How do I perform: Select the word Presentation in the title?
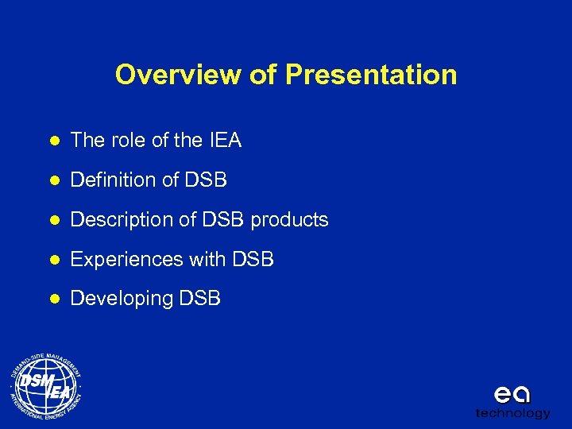[x=371, y=75]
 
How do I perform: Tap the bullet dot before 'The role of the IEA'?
[x=53, y=141]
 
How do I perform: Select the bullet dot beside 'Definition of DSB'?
[x=53, y=181]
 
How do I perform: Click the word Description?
[x=118, y=220]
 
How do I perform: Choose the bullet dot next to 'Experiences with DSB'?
[x=53, y=260]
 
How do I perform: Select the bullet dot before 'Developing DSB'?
[x=53, y=300]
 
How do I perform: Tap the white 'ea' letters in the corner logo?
[x=512, y=394]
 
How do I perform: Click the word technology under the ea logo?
[x=512, y=413]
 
